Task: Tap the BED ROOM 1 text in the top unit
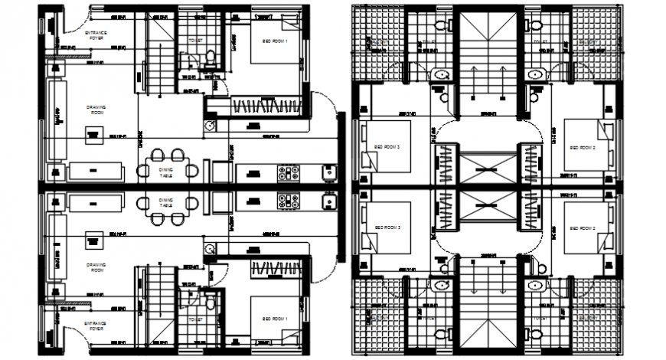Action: click(276, 43)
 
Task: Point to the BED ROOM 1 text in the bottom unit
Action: click(276, 318)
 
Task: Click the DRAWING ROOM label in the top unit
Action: click(96, 109)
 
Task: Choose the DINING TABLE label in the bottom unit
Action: click(165, 205)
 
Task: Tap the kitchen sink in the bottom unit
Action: click(331, 203)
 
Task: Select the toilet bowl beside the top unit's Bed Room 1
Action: click(210, 58)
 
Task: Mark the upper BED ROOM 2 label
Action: click(583, 146)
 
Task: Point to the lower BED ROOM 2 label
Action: click(583, 228)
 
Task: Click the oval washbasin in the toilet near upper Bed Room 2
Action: click(535, 74)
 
